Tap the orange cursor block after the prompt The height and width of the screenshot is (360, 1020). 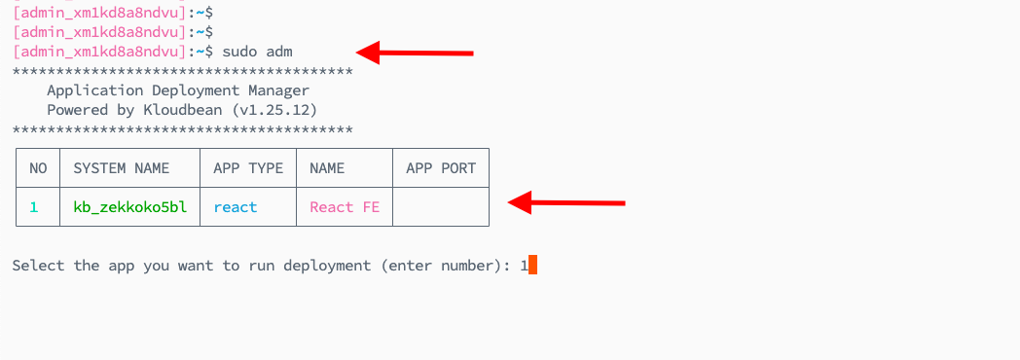tap(532, 265)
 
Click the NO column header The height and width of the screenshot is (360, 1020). tap(38, 168)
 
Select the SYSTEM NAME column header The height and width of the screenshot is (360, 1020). tap(122, 168)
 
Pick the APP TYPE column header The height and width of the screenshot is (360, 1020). tap(248, 168)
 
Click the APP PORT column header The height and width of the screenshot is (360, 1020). tap(441, 168)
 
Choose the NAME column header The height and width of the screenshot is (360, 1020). tap(327, 168)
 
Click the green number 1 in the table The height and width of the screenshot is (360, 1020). tap(34, 207)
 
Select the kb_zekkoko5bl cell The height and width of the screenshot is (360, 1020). tap(129, 207)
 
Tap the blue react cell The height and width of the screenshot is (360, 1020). tap(236, 207)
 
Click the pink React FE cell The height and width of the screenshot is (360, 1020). tap(345, 207)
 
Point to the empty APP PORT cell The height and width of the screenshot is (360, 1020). tap(441, 207)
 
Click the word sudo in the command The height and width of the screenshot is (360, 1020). tap(239, 51)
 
